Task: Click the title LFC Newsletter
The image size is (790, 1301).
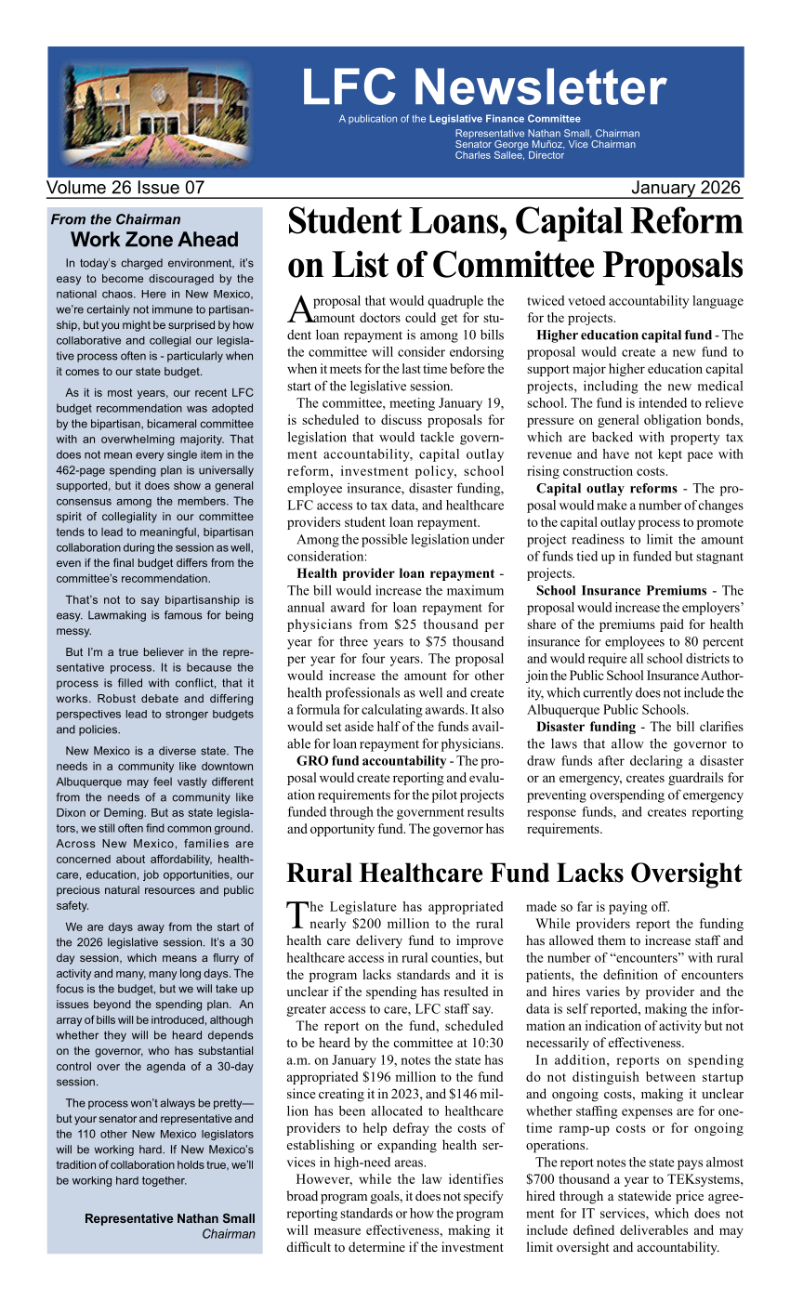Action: pos(483,87)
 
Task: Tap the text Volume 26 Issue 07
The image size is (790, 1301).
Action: pos(125,188)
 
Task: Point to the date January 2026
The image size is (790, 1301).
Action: pos(685,188)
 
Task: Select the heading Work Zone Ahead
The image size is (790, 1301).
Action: pos(161,240)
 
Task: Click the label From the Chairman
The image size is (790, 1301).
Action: pos(116,219)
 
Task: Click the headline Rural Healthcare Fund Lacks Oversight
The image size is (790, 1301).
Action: pos(514,874)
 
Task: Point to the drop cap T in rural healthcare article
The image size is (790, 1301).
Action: pos(296,914)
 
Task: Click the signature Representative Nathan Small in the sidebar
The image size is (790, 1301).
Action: pos(169,1218)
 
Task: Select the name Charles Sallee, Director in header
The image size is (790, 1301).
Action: pos(509,155)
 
